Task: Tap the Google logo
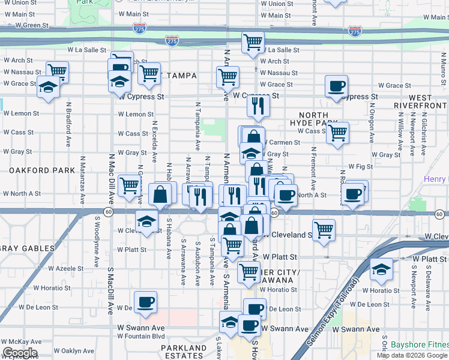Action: pos(19,353)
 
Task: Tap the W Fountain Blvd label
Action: pos(140,336)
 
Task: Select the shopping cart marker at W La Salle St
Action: pos(253,43)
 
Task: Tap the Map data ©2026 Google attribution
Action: pos(412,355)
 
